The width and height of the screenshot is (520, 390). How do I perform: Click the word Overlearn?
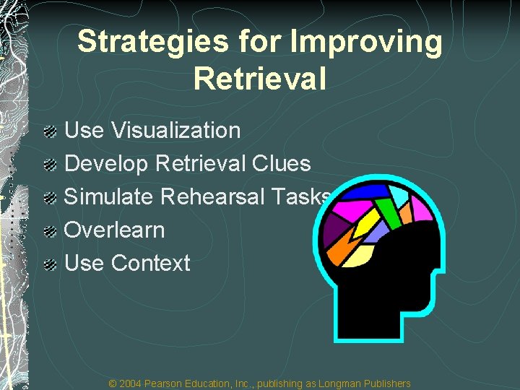115,230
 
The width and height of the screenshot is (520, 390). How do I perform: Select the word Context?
151,264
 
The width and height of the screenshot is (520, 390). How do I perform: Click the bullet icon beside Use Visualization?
50,131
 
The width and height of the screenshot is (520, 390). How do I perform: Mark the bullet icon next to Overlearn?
50,231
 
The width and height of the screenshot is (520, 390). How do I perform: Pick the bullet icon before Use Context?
50,264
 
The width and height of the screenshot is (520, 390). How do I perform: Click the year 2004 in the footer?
131,383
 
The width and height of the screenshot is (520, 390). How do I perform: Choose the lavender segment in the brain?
376,231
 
